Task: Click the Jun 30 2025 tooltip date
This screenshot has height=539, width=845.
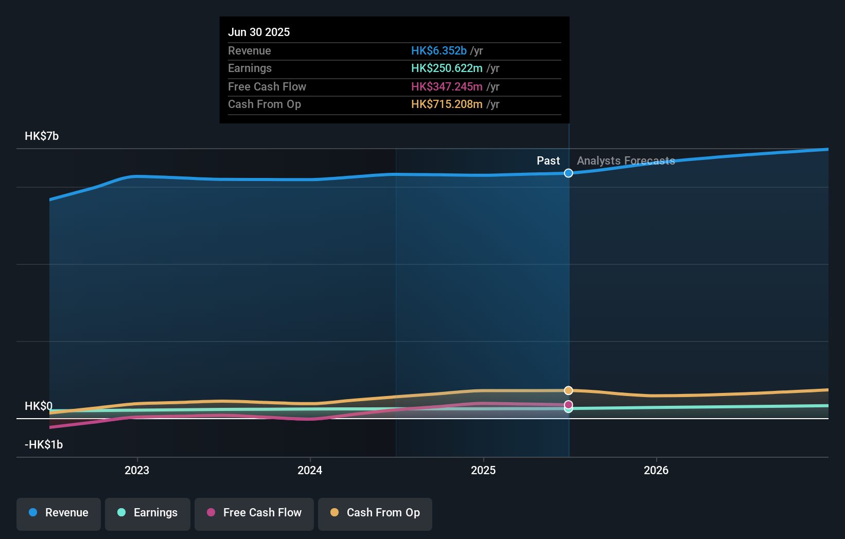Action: point(259,32)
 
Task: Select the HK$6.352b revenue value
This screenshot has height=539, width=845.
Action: point(438,50)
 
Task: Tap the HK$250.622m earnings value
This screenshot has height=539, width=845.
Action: point(447,68)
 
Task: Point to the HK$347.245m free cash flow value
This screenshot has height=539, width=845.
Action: point(447,86)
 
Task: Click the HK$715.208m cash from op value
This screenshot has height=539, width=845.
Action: point(447,104)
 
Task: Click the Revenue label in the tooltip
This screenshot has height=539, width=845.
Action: point(249,50)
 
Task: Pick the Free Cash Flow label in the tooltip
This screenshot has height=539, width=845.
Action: point(267,86)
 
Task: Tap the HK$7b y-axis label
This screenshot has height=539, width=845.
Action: point(42,136)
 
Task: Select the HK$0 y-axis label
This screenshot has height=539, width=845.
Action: point(39,406)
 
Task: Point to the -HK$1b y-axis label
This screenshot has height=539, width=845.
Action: point(44,444)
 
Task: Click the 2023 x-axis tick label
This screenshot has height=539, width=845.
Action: point(137,470)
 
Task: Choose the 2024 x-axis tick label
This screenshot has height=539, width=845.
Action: point(310,470)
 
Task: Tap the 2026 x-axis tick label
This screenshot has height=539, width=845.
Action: point(656,470)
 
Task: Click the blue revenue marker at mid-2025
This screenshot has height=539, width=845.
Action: point(568,173)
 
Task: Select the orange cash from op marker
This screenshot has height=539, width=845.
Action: point(568,390)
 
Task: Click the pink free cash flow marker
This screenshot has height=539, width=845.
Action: point(568,404)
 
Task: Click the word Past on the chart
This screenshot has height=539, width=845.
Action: point(548,160)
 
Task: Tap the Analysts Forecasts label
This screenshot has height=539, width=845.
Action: point(626,160)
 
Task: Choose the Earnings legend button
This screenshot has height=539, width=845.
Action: point(148,513)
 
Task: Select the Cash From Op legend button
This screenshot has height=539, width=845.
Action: point(375,513)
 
